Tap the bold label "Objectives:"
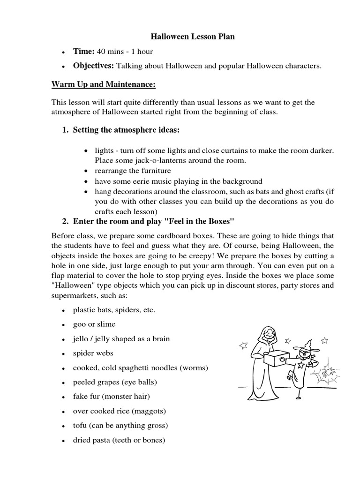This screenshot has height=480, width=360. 93,67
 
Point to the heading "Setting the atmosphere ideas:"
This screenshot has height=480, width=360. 126,129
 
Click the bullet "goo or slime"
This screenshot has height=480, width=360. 94,324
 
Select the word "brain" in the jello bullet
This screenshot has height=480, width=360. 161,338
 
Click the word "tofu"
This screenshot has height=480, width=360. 80,426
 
